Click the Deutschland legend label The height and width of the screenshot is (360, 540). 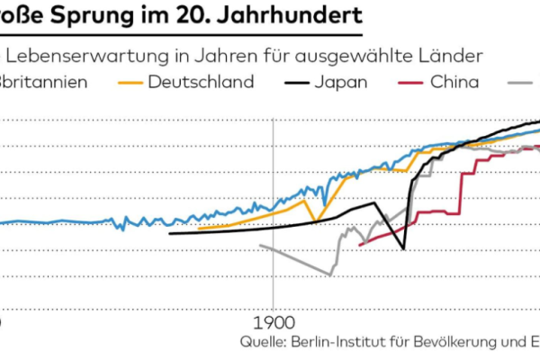click(200, 82)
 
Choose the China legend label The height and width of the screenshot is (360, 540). click(454, 82)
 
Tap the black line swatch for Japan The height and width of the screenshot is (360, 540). click(292, 83)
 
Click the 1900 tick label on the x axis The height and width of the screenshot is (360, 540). click(272, 321)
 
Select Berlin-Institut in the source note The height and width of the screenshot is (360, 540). click(339, 342)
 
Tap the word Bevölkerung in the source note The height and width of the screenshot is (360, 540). click(450, 342)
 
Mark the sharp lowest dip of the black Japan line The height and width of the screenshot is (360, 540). click(404, 248)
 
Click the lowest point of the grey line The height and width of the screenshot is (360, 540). click(329, 274)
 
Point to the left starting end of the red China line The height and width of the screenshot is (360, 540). click(360, 245)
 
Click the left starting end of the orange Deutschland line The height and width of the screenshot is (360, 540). click(198, 229)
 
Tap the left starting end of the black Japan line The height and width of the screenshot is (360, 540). click(169, 234)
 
